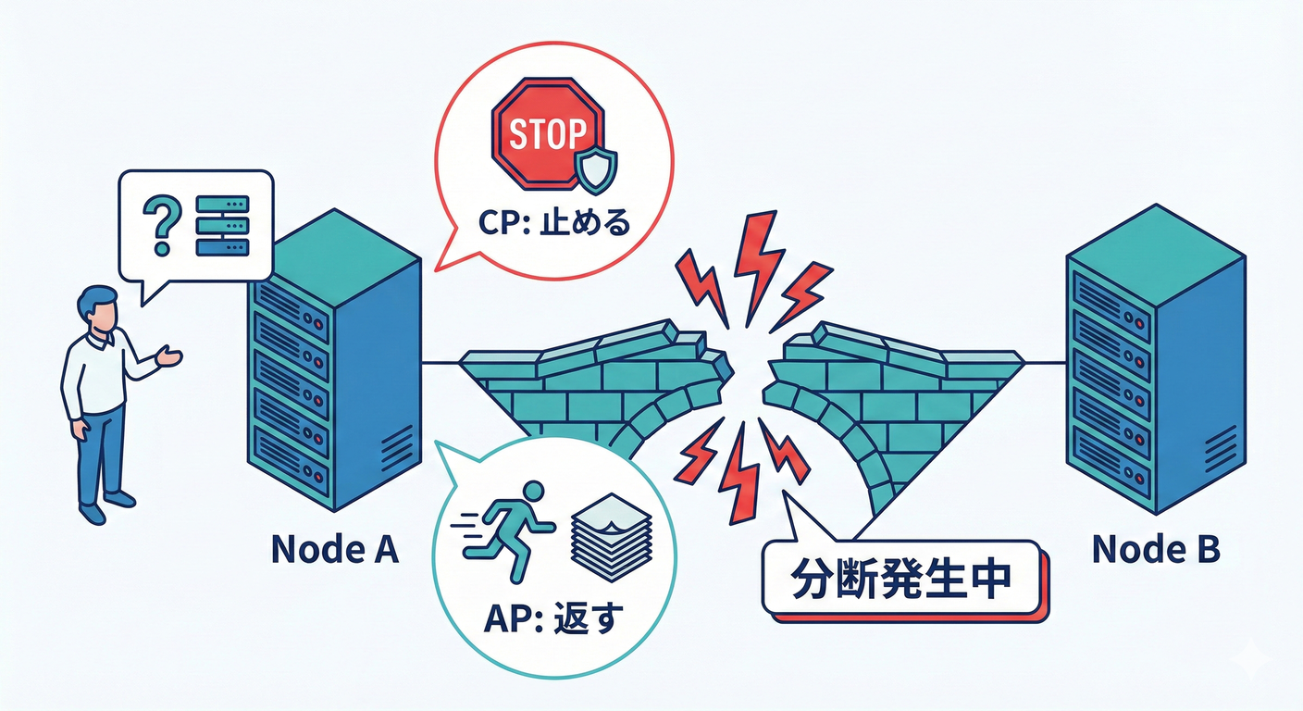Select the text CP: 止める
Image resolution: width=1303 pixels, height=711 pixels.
tap(553, 223)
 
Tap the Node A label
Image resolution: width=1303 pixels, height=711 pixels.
tap(335, 550)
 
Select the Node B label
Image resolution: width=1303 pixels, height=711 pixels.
tap(1156, 550)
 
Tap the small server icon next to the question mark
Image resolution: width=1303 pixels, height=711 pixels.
tap(222, 225)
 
